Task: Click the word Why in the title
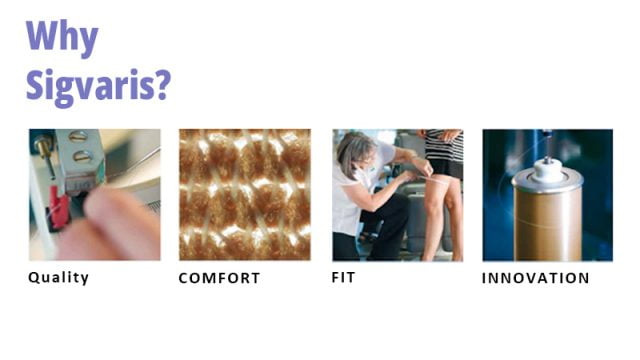click(62, 38)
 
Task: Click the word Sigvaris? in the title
click(97, 85)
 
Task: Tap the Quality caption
click(58, 278)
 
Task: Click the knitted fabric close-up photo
click(244, 194)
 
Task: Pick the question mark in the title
click(161, 85)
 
